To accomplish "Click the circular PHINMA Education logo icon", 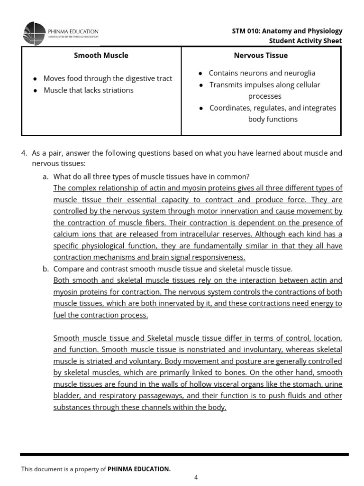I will [x=34, y=33].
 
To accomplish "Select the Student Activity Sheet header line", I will [x=305, y=41].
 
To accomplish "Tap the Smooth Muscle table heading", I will [x=101, y=55].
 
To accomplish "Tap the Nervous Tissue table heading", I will [x=261, y=55].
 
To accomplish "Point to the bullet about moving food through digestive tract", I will [x=108, y=78].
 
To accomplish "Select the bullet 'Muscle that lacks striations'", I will [x=88, y=90].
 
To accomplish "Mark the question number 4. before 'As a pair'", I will [x=24, y=153].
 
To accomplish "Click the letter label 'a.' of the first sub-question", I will [x=45, y=176].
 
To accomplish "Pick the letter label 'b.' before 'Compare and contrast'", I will [x=45, y=269].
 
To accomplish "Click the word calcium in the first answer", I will [x=66, y=234].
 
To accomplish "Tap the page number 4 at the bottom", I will [x=196, y=477].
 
